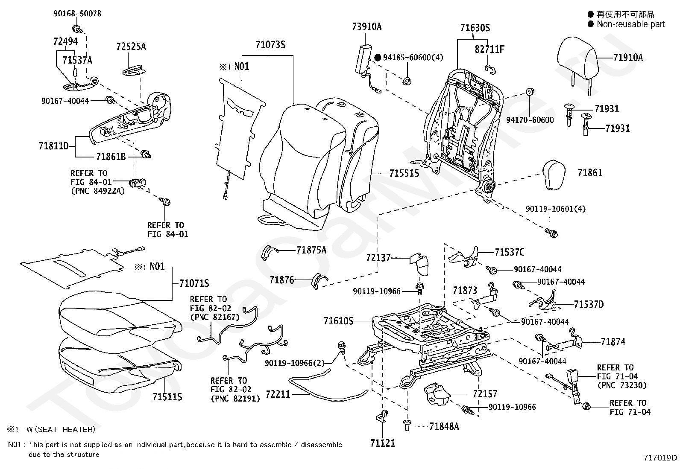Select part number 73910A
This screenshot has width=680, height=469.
coord(366,26)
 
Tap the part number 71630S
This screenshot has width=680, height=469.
coord(475,28)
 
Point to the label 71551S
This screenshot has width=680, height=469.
coord(404,174)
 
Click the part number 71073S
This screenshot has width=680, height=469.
coord(270,44)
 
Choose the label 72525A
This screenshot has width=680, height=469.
coord(131,47)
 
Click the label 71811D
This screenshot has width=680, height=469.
coord(53,146)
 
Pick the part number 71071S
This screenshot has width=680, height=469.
coord(194,283)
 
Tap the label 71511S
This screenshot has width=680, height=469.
coord(167,397)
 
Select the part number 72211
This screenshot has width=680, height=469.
coord(278,394)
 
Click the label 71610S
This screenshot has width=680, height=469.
coord(338,320)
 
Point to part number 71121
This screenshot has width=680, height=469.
coord(383,443)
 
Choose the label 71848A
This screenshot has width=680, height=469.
coord(444,426)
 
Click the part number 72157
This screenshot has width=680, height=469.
coord(485,393)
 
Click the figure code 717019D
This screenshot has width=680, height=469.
coord(660,458)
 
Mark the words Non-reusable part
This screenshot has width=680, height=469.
coord(630,24)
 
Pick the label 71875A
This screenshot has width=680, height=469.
coord(311,250)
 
